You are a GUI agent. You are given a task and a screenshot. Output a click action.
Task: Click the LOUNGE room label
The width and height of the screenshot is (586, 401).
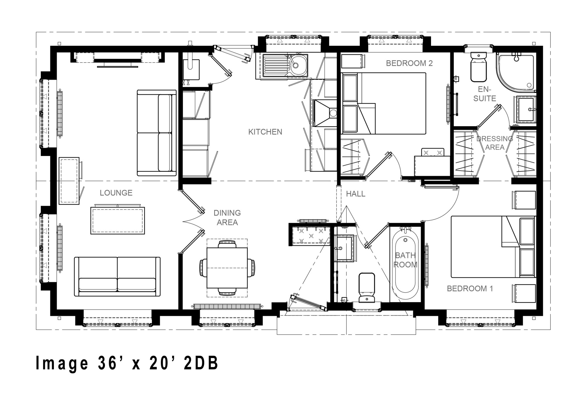tap(116, 193)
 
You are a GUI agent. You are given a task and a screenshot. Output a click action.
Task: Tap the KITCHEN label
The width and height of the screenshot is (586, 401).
tap(265, 132)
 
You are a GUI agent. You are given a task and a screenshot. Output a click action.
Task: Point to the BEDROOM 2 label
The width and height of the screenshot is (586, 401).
tap(409, 63)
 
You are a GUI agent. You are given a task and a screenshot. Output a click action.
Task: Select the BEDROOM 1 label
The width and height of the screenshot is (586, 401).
tap(470, 289)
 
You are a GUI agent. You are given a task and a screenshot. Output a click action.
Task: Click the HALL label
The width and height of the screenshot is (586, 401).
tap(356, 194)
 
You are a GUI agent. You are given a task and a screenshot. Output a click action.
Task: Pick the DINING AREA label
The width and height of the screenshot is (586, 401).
tap(227, 217)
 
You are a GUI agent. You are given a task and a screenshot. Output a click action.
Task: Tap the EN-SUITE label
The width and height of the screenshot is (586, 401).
tap(485, 94)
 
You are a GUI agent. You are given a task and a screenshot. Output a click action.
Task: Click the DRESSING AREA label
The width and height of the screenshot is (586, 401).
tap(495, 143)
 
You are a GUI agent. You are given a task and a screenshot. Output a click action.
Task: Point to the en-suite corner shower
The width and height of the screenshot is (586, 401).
tap(516, 71)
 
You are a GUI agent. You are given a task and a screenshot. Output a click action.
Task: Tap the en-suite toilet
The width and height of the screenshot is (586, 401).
tap(478, 67)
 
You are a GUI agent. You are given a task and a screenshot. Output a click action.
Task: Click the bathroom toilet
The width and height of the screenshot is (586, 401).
tap(367, 287)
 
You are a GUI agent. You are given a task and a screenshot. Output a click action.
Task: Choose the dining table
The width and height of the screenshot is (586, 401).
tap(227, 268)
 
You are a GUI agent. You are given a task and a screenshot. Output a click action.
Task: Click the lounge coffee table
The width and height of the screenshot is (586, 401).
tap(117, 220)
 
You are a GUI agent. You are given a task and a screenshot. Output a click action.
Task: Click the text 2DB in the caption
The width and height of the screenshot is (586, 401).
tap(201, 363)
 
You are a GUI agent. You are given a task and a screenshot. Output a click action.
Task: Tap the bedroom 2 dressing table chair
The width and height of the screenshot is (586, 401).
tap(432, 152)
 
